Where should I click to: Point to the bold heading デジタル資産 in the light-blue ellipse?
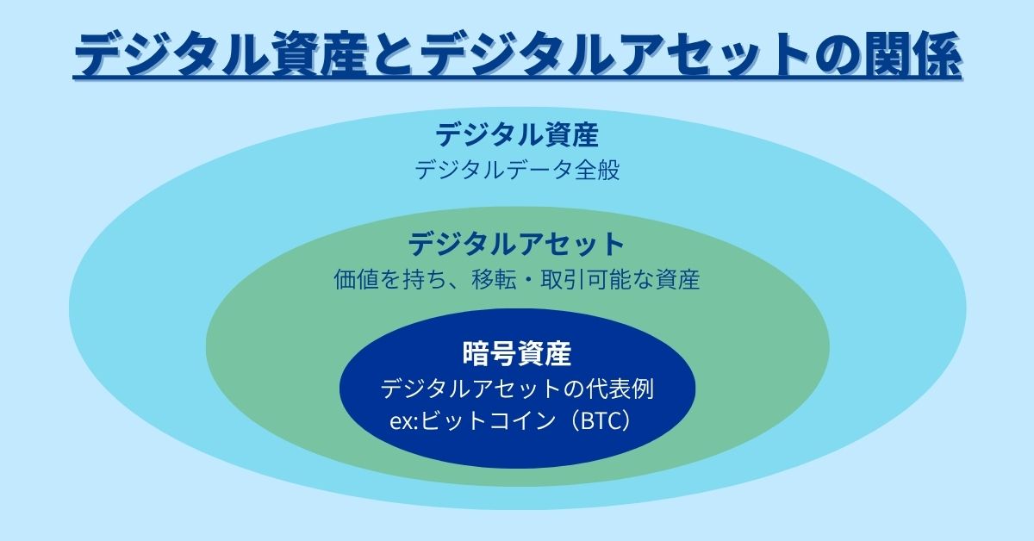pos(517,134)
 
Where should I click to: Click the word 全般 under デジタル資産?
pos(597,170)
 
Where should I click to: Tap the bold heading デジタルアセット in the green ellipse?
pos(516,244)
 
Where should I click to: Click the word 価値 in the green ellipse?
pos(357,279)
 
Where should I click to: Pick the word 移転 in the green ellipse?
pos(494,279)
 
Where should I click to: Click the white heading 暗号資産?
pos(517,353)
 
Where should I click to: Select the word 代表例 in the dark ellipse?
pos(620,389)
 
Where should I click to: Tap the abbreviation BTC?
pos(600,421)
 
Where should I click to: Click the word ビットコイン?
pos(489,421)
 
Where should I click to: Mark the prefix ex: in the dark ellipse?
pos(404,422)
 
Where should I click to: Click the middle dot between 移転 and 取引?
pos(528,280)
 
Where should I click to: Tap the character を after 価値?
pos(390,279)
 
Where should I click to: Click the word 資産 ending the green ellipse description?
pos(677,279)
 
